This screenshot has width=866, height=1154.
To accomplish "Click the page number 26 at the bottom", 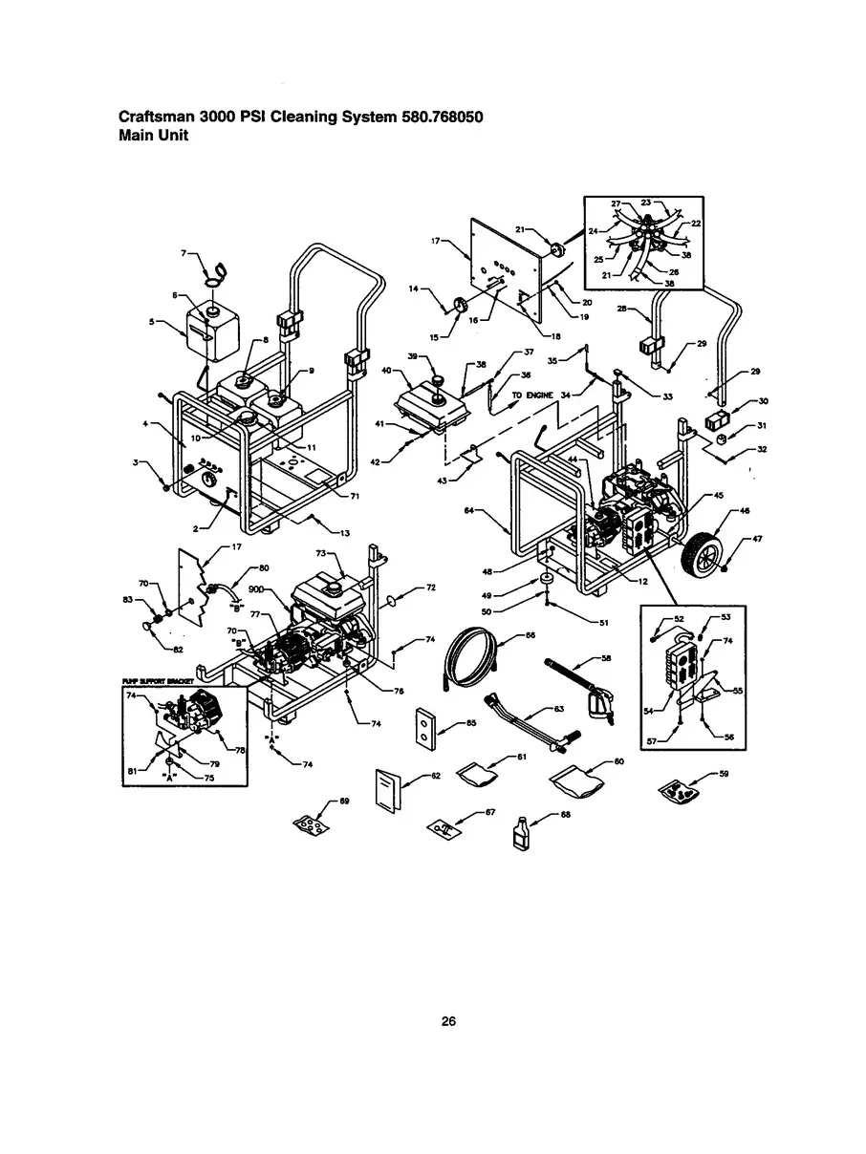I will (448, 1021).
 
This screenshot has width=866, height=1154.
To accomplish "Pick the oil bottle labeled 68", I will (521, 834).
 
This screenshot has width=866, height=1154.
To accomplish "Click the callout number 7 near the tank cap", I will (184, 253).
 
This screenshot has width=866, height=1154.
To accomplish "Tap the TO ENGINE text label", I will (531, 394).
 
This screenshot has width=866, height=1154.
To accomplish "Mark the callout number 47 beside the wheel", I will (756, 540).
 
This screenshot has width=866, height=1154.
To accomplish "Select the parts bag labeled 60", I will (578, 782).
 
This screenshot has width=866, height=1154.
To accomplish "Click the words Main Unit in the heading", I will (153, 136).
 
